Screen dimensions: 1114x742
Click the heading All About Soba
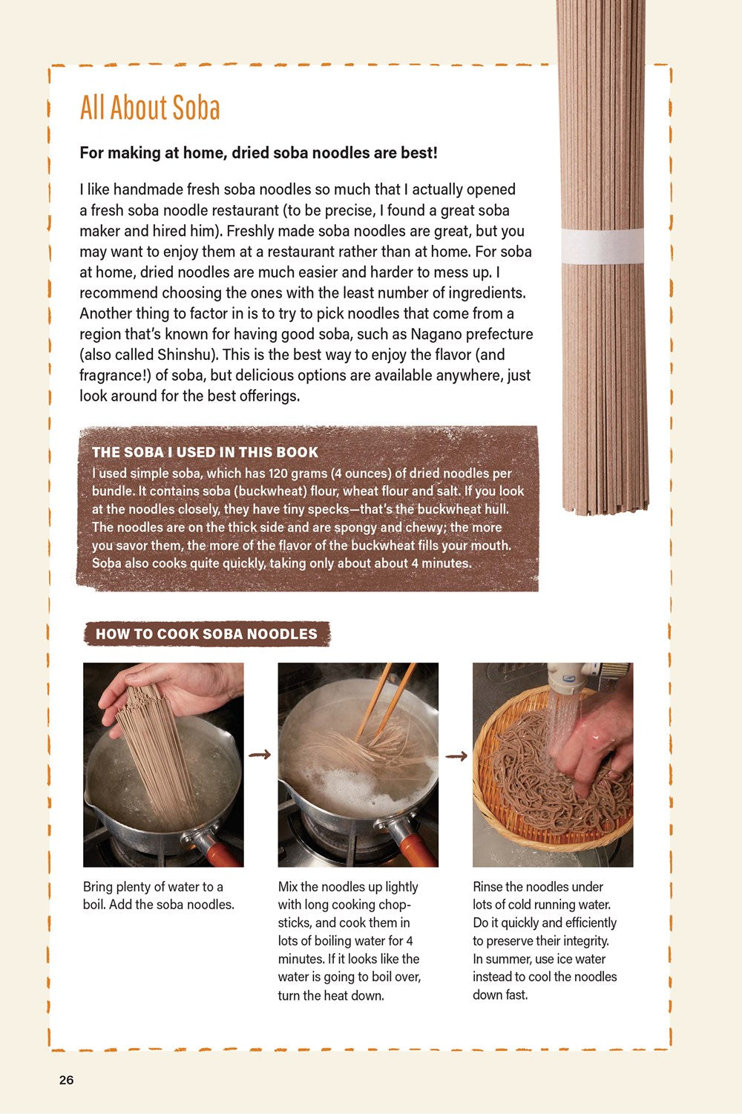tap(150, 108)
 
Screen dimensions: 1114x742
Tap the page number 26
tap(66, 1080)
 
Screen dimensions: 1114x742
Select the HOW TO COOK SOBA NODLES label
tap(206, 634)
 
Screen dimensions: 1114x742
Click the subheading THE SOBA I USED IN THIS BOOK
tap(205, 452)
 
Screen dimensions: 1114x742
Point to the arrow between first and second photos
tap(260, 755)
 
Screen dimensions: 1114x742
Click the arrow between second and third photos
tap(456, 756)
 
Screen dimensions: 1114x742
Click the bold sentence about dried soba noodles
tap(258, 153)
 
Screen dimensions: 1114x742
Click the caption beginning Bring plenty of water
tap(158, 896)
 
